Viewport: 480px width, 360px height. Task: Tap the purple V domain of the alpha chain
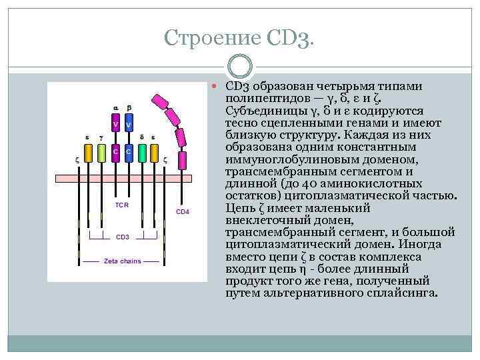coord(115,124)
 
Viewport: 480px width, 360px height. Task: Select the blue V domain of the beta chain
coord(129,124)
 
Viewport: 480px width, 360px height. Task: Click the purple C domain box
coord(115,152)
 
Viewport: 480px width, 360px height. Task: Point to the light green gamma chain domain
coord(101,153)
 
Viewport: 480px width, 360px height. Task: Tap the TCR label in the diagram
coord(122,205)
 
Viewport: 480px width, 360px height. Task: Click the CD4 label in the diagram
coord(182,211)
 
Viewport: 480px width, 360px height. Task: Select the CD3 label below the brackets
coord(123,237)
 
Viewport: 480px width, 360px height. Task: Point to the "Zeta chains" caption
coord(122,261)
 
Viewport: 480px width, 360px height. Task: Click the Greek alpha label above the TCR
coord(115,107)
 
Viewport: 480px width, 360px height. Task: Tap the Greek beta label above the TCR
coord(129,107)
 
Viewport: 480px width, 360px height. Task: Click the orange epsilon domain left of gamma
coord(87,153)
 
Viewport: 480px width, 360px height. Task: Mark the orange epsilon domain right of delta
coord(154,153)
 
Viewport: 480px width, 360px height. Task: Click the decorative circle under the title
coord(239,67)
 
